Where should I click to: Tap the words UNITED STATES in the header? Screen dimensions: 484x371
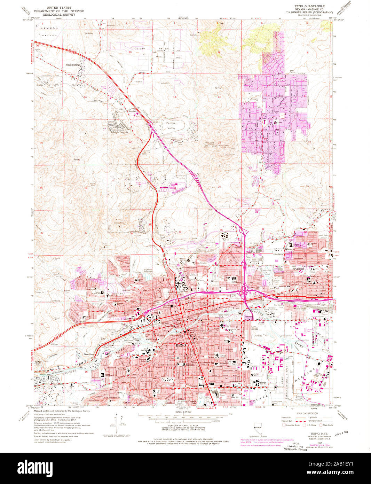[63, 7]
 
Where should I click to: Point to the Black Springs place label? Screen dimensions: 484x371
[73, 65]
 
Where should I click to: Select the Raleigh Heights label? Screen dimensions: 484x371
[119, 132]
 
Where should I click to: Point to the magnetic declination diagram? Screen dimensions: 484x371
[120, 425]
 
